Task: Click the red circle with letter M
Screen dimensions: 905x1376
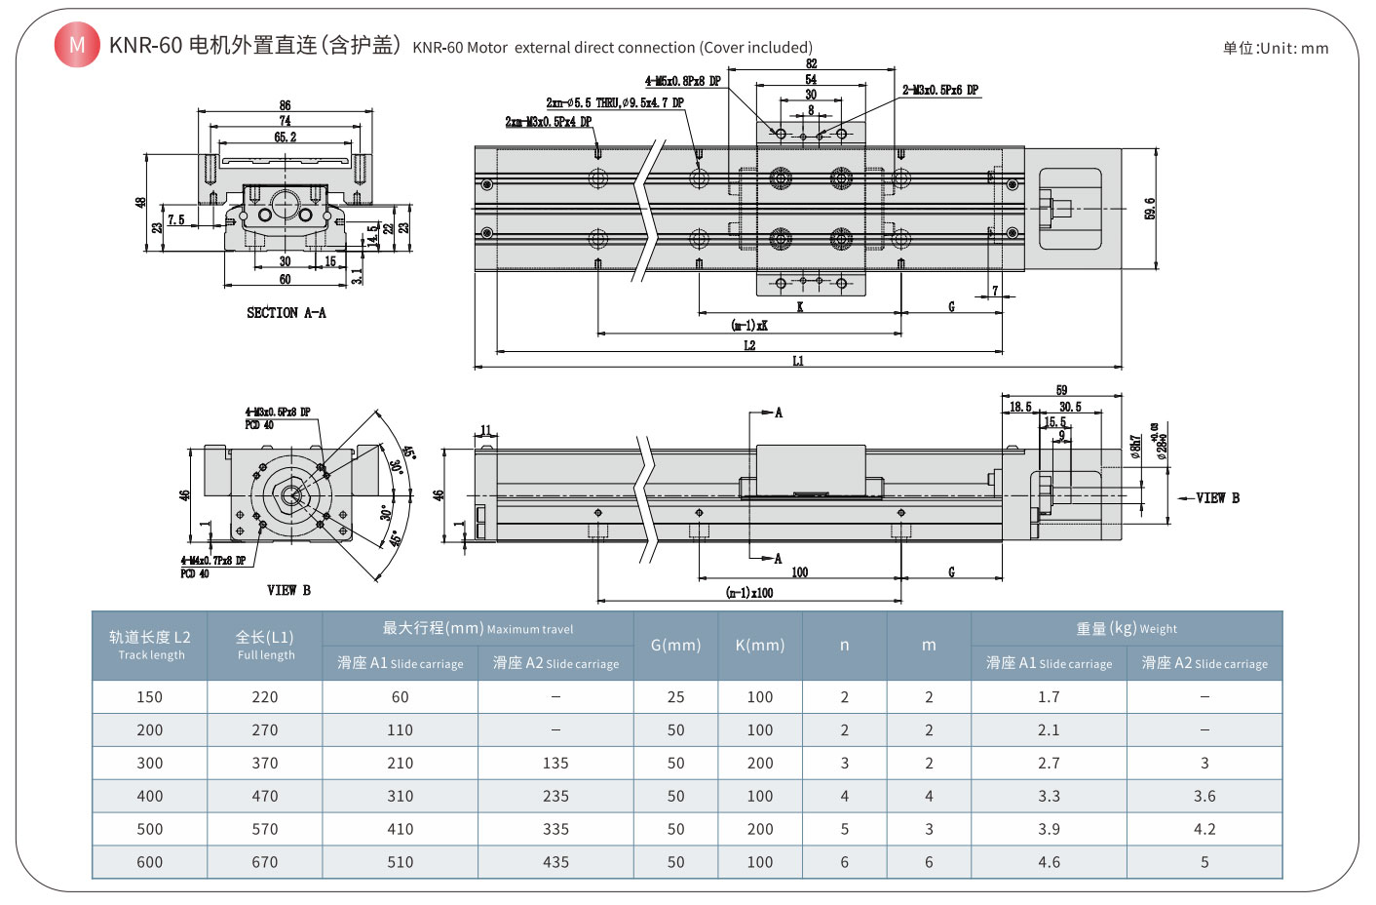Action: click(x=77, y=45)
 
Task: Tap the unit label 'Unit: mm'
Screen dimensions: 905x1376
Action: click(x=1276, y=48)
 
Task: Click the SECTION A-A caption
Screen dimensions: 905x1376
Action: click(x=286, y=313)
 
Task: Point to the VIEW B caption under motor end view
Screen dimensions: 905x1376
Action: click(x=288, y=590)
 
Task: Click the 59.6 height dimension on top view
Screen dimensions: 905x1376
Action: click(x=1150, y=209)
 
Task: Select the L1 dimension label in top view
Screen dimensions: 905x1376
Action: click(x=798, y=361)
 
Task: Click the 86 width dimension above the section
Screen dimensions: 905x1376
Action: click(x=285, y=105)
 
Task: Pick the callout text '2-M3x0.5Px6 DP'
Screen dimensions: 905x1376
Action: click(x=939, y=90)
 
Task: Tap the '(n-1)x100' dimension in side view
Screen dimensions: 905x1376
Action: click(x=748, y=592)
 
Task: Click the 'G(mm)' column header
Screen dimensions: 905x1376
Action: click(x=675, y=645)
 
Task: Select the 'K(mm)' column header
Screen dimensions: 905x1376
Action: click(x=759, y=645)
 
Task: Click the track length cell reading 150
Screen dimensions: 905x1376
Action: click(x=149, y=697)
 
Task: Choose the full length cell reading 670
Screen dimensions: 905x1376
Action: click(x=264, y=862)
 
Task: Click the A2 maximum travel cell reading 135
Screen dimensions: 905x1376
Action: click(x=555, y=764)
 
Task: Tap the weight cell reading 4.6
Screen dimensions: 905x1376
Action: click(x=1049, y=862)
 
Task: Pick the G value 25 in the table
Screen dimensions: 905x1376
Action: click(x=675, y=697)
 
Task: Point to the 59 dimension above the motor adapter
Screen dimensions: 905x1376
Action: click(x=1061, y=390)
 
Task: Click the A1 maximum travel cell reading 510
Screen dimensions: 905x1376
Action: click(x=400, y=862)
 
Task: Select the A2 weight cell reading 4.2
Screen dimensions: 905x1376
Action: click(x=1204, y=829)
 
